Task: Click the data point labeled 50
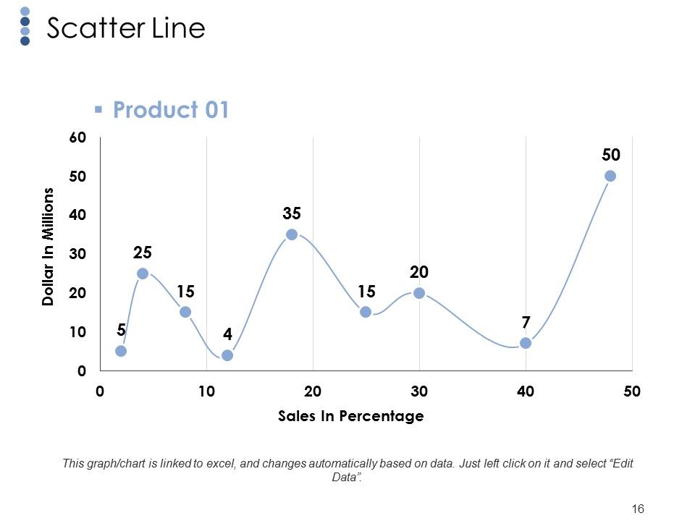pos(610,176)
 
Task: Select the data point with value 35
pos(292,234)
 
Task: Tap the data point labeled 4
pos(227,355)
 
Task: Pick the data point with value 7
pos(526,343)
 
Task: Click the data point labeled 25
pos(143,274)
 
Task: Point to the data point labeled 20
pos(419,293)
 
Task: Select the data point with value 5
pos(121,351)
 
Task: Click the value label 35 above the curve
pos(292,213)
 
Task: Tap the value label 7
pos(526,322)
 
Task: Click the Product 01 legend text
pos(171,109)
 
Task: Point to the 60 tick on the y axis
pos(77,137)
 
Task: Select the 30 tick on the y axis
pos(77,254)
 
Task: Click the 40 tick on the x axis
pos(526,391)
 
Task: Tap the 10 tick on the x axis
pos(206,391)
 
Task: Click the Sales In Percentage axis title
pos(350,416)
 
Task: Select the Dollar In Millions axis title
pos(48,246)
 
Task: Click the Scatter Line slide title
pos(126,28)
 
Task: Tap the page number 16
pos(638,509)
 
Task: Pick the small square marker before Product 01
pos(98,109)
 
